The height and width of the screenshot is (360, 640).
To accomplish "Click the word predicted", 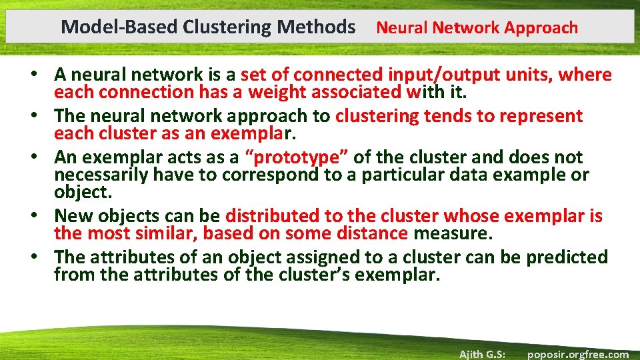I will click(567, 257).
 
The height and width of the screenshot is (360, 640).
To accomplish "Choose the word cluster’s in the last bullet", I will click(310, 275).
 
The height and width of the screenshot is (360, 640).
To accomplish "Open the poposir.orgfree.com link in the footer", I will click(577, 354).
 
